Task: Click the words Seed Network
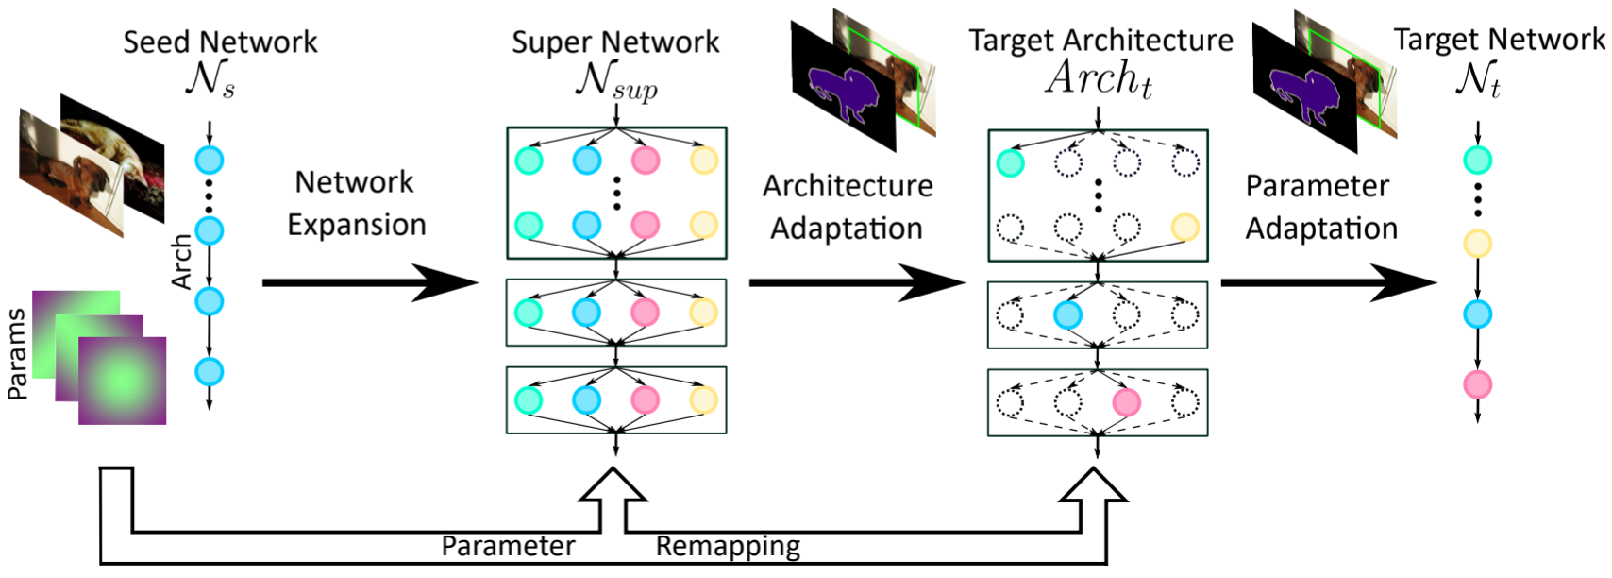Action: pos(220,42)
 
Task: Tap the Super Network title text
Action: pos(615,42)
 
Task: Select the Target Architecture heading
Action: pos(1100,41)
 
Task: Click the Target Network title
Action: pos(1499,40)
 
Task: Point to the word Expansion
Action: pos(357,225)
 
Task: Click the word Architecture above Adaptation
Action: pos(848,186)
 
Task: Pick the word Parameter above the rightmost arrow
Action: pos(1317,186)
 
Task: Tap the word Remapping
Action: pos(728,546)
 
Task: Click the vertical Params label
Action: pos(17,354)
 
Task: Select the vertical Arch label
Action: pos(181,262)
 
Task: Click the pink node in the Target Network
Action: pos(1477,385)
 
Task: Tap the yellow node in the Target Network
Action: pos(1477,245)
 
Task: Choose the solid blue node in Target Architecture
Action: pos(1067,314)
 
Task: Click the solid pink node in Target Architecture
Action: pos(1126,402)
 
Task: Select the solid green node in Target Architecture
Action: pos(1010,162)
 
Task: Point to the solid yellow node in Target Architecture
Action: pos(1184,227)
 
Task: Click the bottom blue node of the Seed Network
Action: pos(209,372)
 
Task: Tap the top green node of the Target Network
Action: pos(1477,161)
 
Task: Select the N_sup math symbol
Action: pos(615,80)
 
